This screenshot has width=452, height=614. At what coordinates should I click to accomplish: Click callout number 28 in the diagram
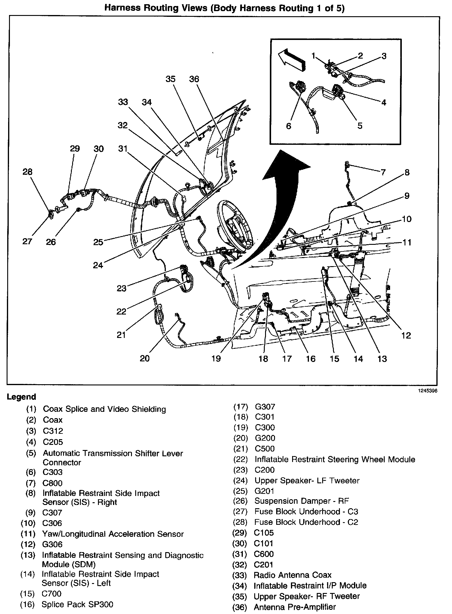[27, 172]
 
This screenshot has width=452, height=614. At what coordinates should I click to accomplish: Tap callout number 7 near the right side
[383, 172]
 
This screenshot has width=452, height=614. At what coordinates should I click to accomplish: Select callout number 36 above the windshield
[194, 79]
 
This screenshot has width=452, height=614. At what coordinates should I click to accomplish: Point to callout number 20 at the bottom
[145, 358]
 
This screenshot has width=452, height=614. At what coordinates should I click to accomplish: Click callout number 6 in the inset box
[289, 126]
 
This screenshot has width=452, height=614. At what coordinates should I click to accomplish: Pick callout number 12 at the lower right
[406, 336]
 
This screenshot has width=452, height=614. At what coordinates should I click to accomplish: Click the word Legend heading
[21, 397]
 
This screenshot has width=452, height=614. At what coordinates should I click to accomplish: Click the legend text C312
[53, 431]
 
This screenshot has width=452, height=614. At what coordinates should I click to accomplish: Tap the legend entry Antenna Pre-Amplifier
[295, 607]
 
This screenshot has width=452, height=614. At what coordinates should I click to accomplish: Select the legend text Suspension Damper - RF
[301, 501]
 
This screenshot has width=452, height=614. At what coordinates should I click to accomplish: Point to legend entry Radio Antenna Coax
[292, 575]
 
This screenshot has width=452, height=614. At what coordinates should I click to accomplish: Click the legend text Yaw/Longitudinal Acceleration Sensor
[113, 534]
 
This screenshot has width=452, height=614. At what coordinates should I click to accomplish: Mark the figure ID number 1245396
[427, 391]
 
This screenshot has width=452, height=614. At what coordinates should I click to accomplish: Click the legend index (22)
[240, 460]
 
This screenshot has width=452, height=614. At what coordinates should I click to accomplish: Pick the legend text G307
[265, 407]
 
